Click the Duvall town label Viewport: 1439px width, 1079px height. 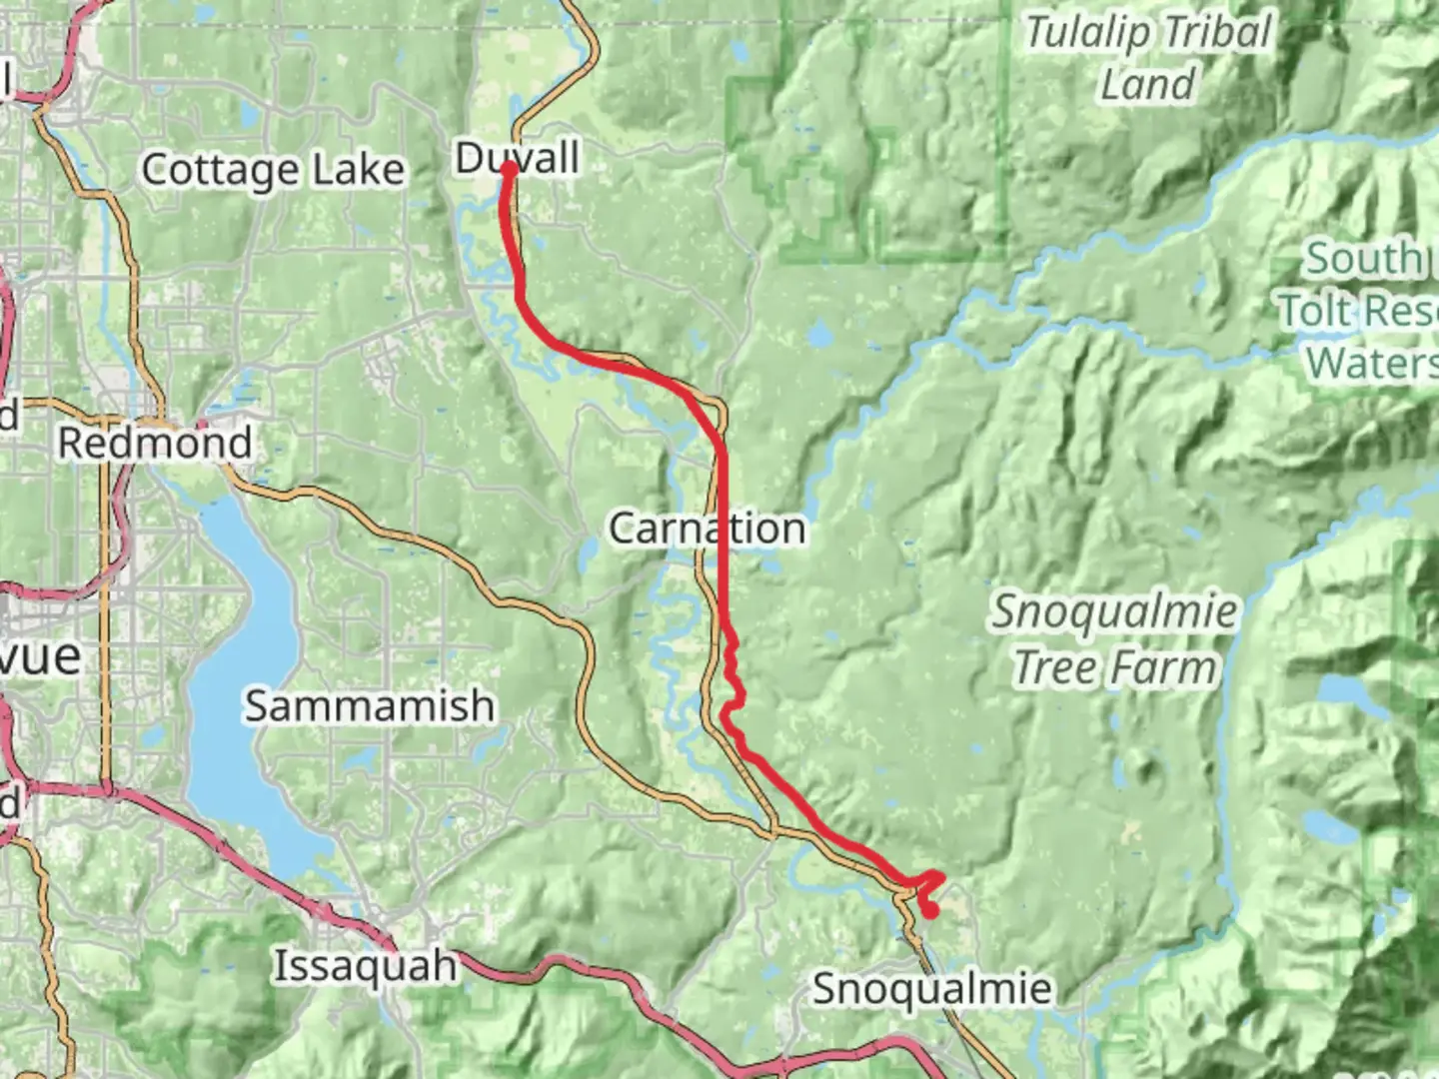[518, 158]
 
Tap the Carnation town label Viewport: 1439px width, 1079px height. [707, 529]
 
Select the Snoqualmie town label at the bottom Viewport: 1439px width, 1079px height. [931, 989]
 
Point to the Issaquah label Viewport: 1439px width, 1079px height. [366, 966]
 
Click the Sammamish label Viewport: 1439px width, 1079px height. [370, 706]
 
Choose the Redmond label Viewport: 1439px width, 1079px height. [155, 443]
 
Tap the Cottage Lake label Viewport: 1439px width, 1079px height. [273, 170]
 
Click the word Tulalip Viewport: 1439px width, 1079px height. [1087, 33]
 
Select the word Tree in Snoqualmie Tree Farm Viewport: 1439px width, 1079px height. [1058, 668]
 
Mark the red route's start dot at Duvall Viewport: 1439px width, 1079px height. [509, 169]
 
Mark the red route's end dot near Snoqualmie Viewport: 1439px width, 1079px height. [929, 910]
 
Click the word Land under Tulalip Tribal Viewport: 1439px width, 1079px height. [1147, 84]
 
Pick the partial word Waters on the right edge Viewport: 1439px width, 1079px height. [1371, 363]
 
